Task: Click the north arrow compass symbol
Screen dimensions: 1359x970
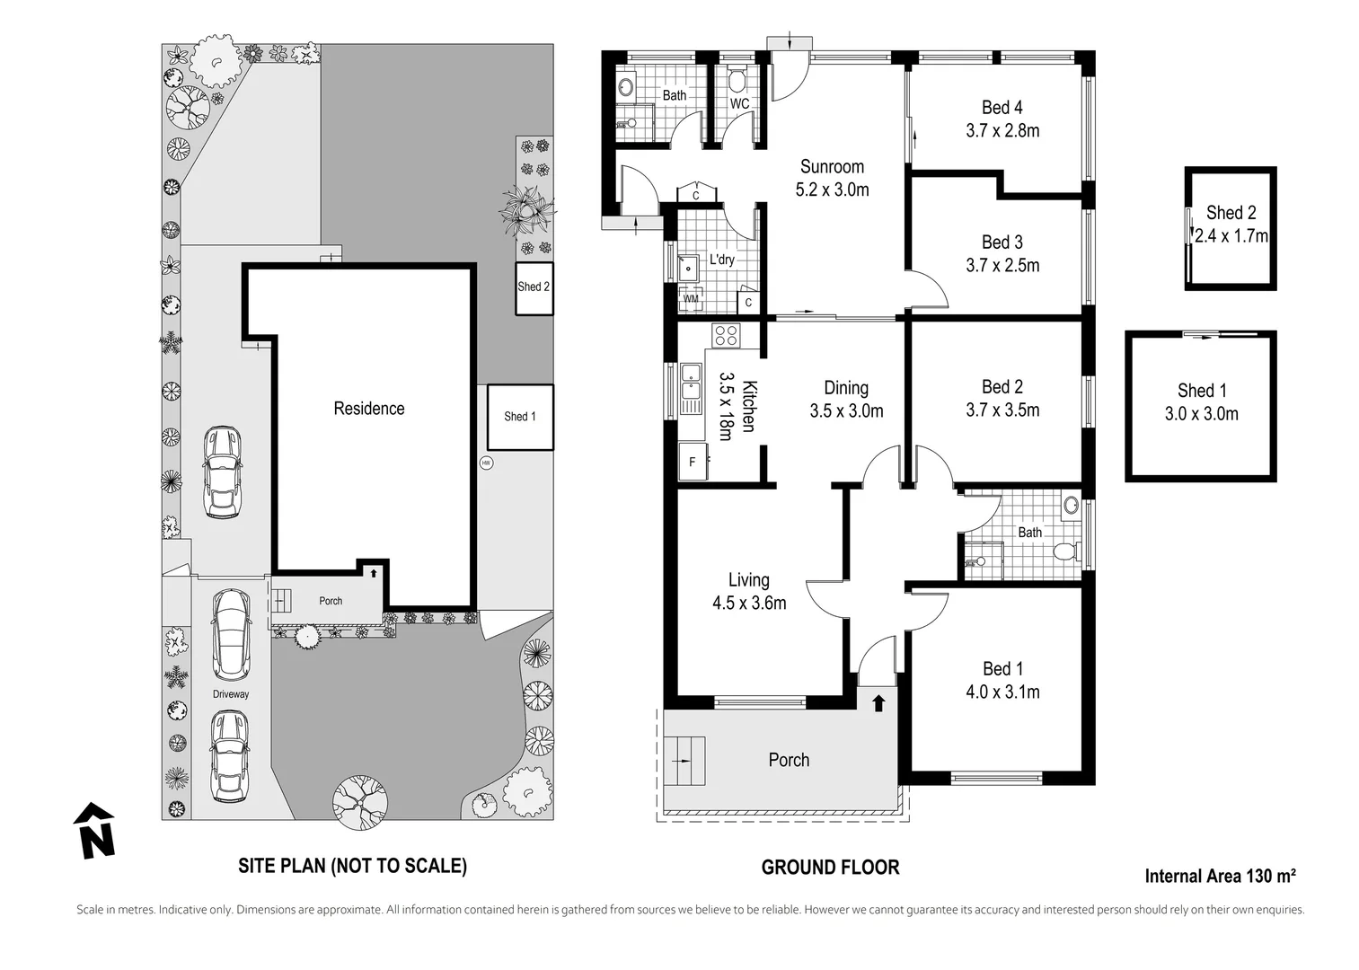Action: pyautogui.click(x=94, y=830)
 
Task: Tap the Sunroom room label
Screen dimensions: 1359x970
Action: pyautogui.click(x=832, y=166)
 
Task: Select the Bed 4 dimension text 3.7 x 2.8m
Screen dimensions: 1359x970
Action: pyautogui.click(x=1002, y=130)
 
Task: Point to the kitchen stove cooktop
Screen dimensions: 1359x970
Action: pyautogui.click(x=726, y=336)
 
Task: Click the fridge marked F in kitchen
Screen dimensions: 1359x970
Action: pyautogui.click(x=693, y=462)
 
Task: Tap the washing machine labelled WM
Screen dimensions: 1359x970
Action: pyautogui.click(x=691, y=298)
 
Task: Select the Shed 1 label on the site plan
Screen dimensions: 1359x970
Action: pyautogui.click(x=520, y=416)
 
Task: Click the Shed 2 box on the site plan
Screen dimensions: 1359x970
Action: pyautogui.click(x=534, y=288)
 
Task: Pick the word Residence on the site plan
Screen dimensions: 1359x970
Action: pyautogui.click(x=369, y=409)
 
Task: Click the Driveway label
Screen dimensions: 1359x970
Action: pyautogui.click(x=231, y=694)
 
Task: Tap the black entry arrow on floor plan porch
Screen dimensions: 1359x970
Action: pyautogui.click(x=878, y=703)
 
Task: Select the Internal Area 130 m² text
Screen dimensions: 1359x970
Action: pyautogui.click(x=1220, y=876)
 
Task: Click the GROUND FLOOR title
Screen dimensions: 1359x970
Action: pyautogui.click(x=830, y=868)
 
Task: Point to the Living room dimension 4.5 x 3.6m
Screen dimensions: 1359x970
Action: pyautogui.click(x=749, y=603)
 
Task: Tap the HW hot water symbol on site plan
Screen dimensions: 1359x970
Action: pyautogui.click(x=486, y=463)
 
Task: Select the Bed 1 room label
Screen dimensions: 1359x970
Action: pyautogui.click(x=1002, y=668)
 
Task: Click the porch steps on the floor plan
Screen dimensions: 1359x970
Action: pyautogui.click(x=684, y=761)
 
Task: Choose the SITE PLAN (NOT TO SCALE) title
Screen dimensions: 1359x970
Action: pyautogui.click(x=352, y=866)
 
